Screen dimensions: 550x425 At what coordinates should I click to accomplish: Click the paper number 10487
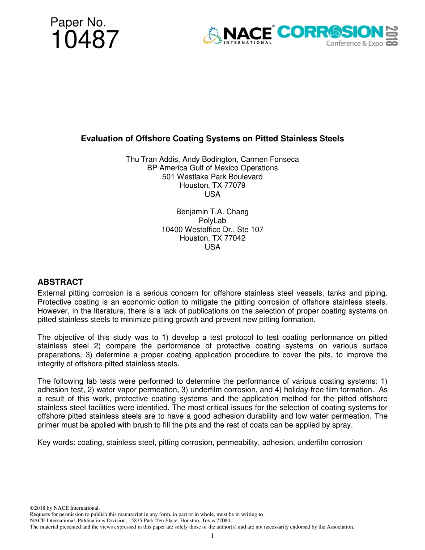click(85, 40)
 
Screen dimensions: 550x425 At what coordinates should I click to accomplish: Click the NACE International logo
click(238, 35)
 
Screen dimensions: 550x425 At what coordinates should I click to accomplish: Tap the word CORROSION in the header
click(330, 32)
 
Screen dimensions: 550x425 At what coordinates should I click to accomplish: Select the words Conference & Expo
click(354, 44)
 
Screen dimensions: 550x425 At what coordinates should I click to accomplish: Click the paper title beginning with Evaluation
click(212, 139)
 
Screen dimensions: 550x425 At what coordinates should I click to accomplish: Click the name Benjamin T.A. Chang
click(212, 212)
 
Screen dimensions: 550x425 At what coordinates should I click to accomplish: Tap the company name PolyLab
click(212, 220)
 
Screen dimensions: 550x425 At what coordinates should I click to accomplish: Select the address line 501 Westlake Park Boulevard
click(212, 177)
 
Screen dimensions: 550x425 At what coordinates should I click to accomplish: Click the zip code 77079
click(235, 185)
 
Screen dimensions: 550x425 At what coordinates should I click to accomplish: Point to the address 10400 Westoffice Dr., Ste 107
click(212, 229)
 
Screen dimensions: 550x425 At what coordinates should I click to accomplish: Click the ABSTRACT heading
click(60, 282)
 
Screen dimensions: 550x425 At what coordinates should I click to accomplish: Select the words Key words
click(56, 443)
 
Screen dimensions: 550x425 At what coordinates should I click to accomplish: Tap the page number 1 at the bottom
click(212, 536)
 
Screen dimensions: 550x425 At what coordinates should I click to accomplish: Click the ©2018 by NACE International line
click(64, 508)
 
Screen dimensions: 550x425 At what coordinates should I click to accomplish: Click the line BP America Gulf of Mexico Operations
click(212, 168)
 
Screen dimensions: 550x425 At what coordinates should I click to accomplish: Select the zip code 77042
click(235, 238)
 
